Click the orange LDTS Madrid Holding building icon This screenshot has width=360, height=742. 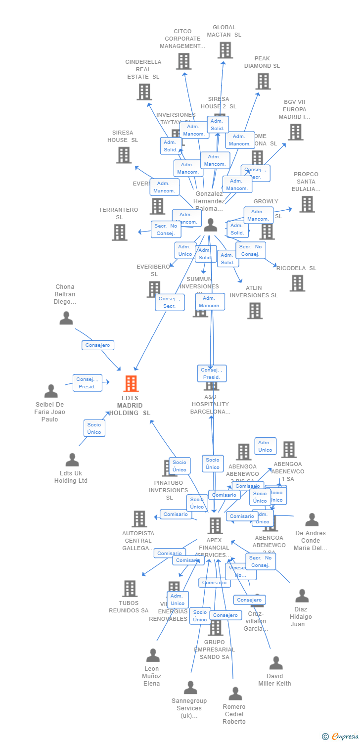point(131,383)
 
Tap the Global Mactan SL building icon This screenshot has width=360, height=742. point(225,50)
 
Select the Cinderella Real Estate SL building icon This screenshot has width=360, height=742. point(144,92)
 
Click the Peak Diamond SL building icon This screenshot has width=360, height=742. point(263,81)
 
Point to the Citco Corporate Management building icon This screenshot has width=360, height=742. point(183,61)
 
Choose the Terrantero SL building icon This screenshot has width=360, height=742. point(119,232)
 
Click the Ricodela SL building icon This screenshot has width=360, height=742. point(297,283)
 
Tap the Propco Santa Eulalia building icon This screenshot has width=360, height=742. point(307,204)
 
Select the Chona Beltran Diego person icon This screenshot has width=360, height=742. point(66,318)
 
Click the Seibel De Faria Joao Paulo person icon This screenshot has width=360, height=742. point(51,391)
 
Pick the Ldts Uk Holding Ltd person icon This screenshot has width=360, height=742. point(72,460)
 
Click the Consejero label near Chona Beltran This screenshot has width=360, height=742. point(98,345)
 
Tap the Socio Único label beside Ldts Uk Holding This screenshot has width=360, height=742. point(94,428)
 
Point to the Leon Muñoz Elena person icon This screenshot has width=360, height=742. point(153,655)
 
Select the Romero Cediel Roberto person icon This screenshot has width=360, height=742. point(235,694)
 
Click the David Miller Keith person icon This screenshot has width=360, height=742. point(276,663)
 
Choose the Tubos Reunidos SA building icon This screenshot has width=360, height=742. point(130,589)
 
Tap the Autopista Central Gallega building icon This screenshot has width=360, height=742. point(139,519)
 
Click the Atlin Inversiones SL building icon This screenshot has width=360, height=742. point(255,311)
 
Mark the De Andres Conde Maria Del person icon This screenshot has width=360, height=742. point(312,520)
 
